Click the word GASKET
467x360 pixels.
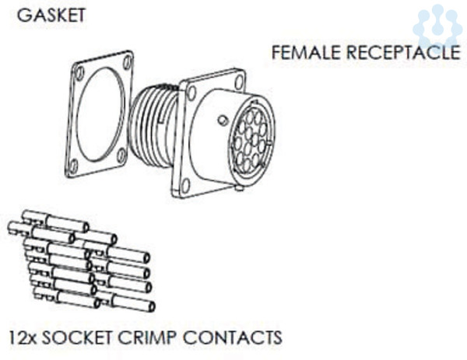pyautogui.click(x=51, y=16)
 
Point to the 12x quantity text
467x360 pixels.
pyautogui.click(x=22, y=338)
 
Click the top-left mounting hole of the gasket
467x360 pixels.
pyautogui.click(x=79, y=73)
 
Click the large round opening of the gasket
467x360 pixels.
pyautogui.click(x=100, y=113)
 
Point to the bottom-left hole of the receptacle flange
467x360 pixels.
pyautogui.click(x=186, y=185)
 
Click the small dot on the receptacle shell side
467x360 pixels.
pyautogui.click(x=223, y=121)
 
